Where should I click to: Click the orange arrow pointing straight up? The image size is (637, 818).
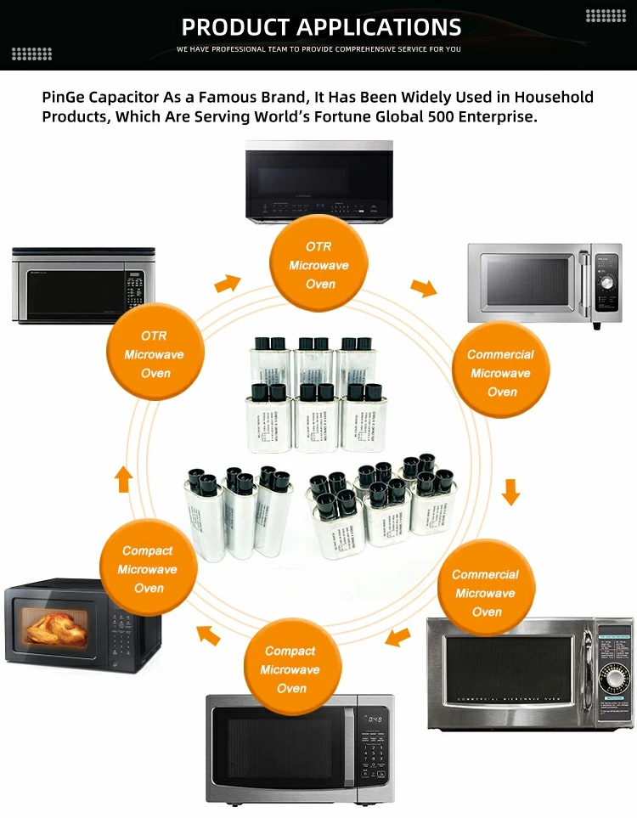pos(123,480)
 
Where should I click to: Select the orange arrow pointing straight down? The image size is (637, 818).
pos(510,491)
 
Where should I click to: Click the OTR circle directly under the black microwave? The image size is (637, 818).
pos(318,265)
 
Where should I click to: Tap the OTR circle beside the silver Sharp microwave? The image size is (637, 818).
pos(155,354)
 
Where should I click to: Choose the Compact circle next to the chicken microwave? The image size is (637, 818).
pos(148,569)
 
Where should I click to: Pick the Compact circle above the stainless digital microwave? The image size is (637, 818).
pos(291,669)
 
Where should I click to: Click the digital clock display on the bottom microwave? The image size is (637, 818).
pos(374,719)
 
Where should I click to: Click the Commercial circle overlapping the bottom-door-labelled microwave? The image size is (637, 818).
pos(486,593)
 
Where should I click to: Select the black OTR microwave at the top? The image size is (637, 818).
pos(318,181)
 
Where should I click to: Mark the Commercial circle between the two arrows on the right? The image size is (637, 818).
pos(501,374)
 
